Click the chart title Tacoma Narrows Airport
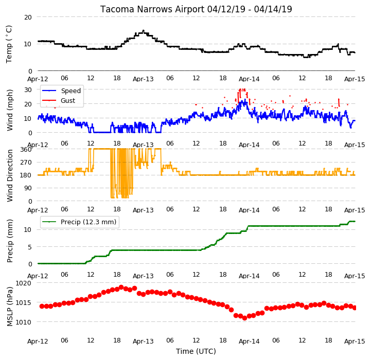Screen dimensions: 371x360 pyautogui.click(x=152, y=9)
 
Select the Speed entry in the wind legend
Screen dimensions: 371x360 pyautogui.click(x=70, y=91)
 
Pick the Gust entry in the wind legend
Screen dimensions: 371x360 pyautogui.click(x=68, y=100)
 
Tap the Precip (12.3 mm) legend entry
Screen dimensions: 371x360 pyautogui.click(x=89, y=222)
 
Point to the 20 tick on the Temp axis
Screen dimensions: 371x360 pyautogui.click(x=28, y=17)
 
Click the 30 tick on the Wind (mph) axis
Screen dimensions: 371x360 pyautogui.click(x=28, y=90)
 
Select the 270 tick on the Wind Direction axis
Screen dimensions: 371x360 pyautogui.click(x=26, y=163)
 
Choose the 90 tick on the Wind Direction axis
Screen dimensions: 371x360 pyautogui.click(x=28, y=188)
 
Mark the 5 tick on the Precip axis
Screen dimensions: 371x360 pyautogui.click(x=30, y=247)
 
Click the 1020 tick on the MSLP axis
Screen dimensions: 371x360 pyautogui.click(x=23, y=283)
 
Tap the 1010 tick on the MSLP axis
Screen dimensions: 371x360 pyautogui.click(x=23, y=322)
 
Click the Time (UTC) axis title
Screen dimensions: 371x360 pyautogui.click(x=196, y=351)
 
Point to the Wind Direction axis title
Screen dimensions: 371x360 pyautogui.click(x=10, y=176)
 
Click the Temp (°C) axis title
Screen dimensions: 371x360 pyautogui.click(x=9, y=44)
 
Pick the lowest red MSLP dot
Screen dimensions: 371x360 pyautogui.click(x=244, y=318)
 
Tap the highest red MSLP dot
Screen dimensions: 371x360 pyautogui.click(x=121, y=287)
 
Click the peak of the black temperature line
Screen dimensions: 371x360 pyautogui.click(x=143, y=30)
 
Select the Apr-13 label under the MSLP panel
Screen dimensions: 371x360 pyautogui.click(x=143, y=341)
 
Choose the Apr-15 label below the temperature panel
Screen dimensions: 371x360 pyautogui.click(x=355, y=79)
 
